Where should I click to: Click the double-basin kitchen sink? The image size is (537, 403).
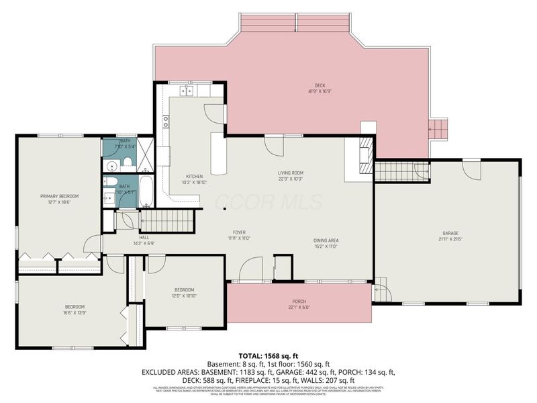[185, 91]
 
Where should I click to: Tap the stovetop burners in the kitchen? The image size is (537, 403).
[165, 121]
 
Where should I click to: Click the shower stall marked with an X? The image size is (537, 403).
[146, 154]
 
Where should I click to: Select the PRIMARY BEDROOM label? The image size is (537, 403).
[59, 196]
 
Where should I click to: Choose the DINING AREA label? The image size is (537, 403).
[325, 240]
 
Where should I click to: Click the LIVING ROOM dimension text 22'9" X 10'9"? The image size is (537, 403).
[291, 179]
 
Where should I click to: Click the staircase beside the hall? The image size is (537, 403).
[166, 220]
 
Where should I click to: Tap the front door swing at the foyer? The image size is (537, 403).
[250, 269]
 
